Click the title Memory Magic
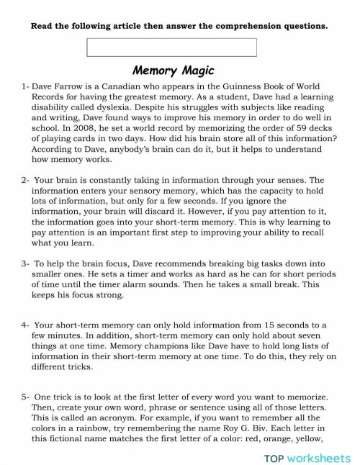174,71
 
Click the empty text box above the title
171,48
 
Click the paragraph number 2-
26,179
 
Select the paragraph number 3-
26,264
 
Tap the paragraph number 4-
26,325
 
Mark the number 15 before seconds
256,325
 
